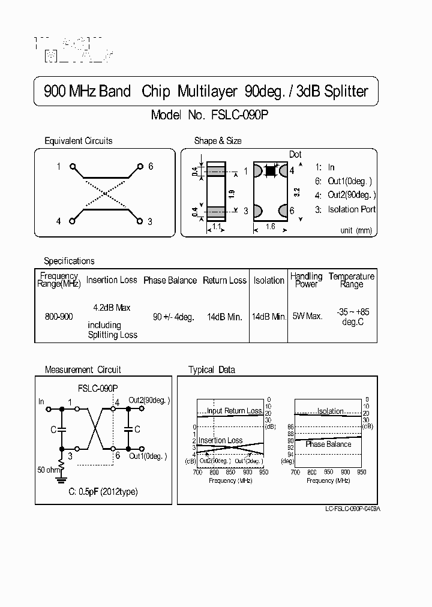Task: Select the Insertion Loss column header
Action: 112,280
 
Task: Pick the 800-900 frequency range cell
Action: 59,316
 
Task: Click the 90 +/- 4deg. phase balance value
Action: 173,316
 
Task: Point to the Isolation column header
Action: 269,280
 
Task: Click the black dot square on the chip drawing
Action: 270,171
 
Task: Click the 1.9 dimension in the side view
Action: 231,193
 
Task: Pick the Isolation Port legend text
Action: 352,209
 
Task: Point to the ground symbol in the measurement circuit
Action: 61,479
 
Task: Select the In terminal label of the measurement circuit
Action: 41,401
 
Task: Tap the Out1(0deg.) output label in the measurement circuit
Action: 148,456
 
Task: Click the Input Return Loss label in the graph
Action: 234,411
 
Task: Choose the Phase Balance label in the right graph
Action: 328,444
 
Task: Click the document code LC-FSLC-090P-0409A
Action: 353,509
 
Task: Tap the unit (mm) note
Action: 356,230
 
